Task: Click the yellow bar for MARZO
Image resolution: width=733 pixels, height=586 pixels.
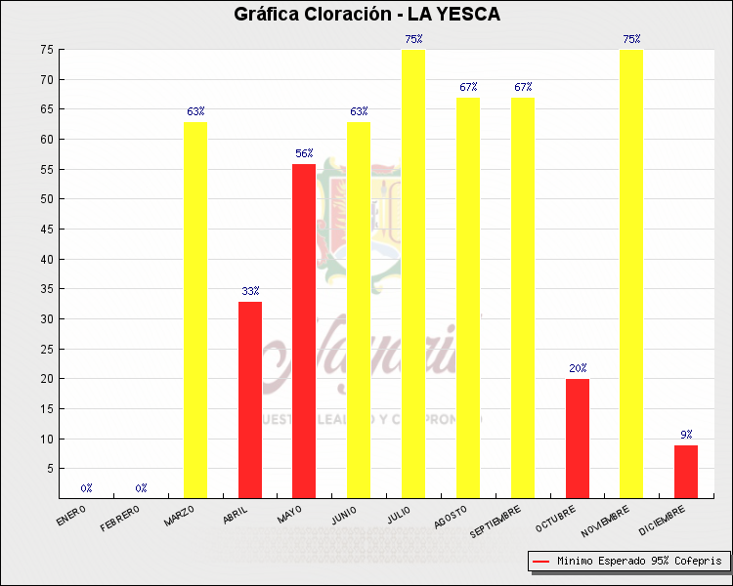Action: point(195,310)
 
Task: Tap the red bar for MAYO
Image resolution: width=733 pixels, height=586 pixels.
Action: point(304,330)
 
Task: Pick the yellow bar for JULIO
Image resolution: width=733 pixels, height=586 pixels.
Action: point(413,273)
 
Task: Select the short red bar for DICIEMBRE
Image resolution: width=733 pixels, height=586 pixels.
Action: point(686,471)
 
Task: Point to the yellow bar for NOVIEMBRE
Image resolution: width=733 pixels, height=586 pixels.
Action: point(631,273)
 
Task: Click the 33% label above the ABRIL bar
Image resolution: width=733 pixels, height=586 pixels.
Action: point(250,291)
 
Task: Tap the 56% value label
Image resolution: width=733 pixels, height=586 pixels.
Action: point(304,153)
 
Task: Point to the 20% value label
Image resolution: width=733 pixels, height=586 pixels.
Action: point(578,368)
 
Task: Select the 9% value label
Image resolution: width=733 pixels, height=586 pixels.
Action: point(686,435)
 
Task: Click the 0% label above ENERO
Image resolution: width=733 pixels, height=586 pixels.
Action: point(87,487)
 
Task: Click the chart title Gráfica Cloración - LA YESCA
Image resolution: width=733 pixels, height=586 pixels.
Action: point(366,14)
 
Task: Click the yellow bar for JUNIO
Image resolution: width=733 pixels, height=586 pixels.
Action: point(359,310)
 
